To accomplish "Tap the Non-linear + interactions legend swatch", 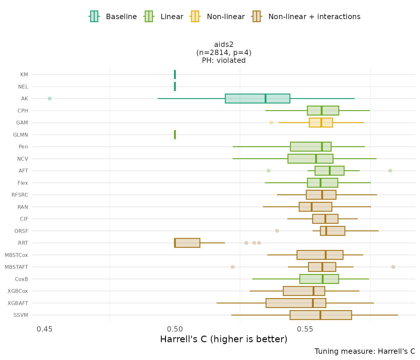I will (x=256, y=17).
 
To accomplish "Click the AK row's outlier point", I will (x=49, y=98).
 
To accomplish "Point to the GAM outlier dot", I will (x=271, y=122).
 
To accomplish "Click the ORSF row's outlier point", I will (x=277, y=231).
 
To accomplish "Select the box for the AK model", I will (x=257, y=98).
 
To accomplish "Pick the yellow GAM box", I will (x=321, y=122).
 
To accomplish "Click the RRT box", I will (x=187, y=243).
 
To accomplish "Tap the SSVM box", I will (x=321, y=315).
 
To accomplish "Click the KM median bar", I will (x=175, y=74).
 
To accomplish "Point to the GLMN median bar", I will (x=175, y=135).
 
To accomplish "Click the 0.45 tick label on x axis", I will (x=44, y=329).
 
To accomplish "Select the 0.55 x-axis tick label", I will (x=305, y=329).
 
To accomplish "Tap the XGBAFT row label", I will (x=18, y=303).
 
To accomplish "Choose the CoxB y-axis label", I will (x=21, y=279).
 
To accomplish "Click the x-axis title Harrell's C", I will (x=223, y=339).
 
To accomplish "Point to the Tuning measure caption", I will (x=365, y=351).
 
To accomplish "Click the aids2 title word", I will (x=224, y=45).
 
